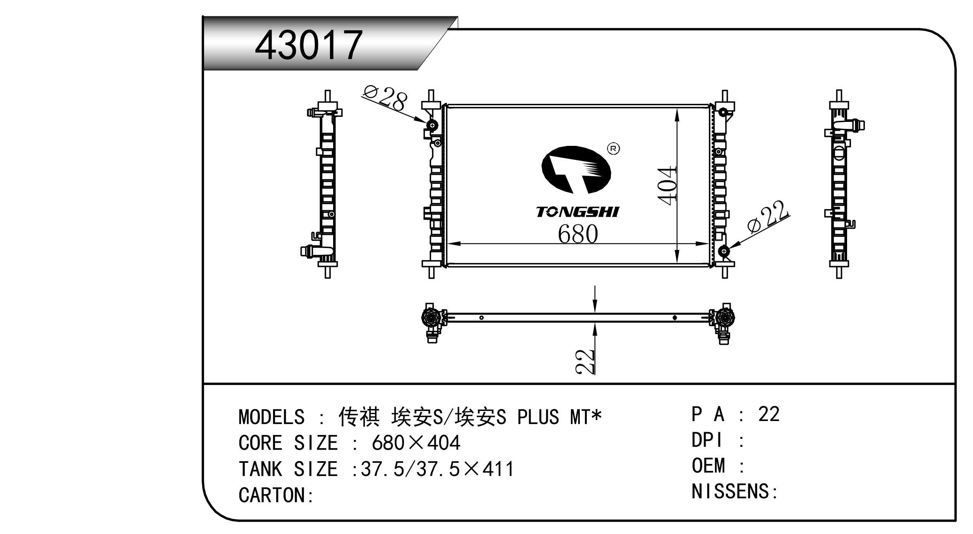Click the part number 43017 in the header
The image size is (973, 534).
click(309, 45)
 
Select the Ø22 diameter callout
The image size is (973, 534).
click(768, 217)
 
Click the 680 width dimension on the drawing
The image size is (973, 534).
click(578, 234)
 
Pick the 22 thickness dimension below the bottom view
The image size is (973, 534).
click(585, 361)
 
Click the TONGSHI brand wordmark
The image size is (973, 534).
click(578, 212)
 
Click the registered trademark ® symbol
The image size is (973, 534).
click(613, 149)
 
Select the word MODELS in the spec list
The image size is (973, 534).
click(272, 417)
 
